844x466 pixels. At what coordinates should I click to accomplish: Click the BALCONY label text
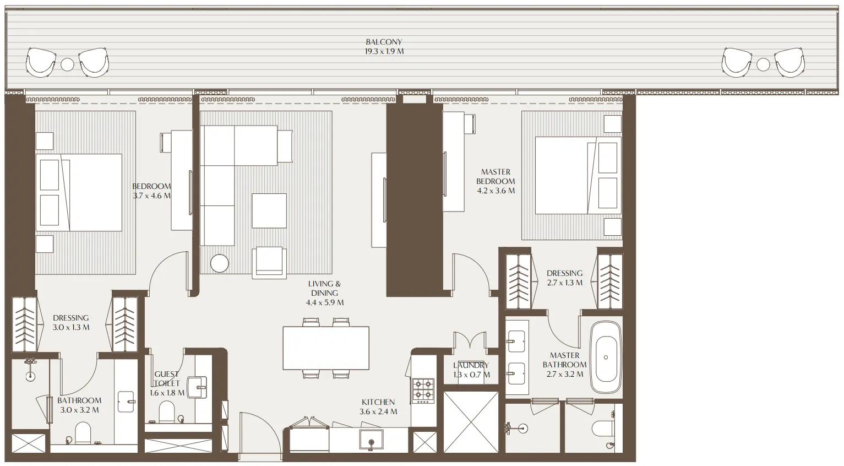tap(384, 42)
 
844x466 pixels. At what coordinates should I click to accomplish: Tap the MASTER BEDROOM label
tap(495, 176)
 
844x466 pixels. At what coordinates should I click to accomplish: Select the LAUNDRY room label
tap(471, 365)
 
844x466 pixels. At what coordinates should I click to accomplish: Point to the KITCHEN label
tap(378, 402)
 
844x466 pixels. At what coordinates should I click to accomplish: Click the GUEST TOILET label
tap(166, 378)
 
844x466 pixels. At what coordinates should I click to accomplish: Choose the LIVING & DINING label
tap(324, 288)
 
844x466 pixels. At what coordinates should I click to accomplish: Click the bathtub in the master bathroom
tap(606, 357)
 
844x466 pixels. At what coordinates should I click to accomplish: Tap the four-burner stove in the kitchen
tap(423, 389)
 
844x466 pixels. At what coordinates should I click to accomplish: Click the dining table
tap(326, 348)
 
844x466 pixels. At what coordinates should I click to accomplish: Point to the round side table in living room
tap(220, 263)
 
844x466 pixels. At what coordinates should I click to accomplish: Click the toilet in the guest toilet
tap(166, 410)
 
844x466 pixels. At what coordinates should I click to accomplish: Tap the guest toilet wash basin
tap(197, 387)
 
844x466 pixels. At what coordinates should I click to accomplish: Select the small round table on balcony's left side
tap(67, 64)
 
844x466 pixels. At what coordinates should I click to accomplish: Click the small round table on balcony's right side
tap(763, 64)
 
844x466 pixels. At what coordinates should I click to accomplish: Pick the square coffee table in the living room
tap(269, 210)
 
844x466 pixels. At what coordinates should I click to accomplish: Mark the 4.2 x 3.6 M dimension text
tap(496, 191)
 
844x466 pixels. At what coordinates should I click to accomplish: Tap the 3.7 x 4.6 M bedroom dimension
tap(152, 196)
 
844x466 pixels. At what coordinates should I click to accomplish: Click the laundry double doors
tap(470, 342)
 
